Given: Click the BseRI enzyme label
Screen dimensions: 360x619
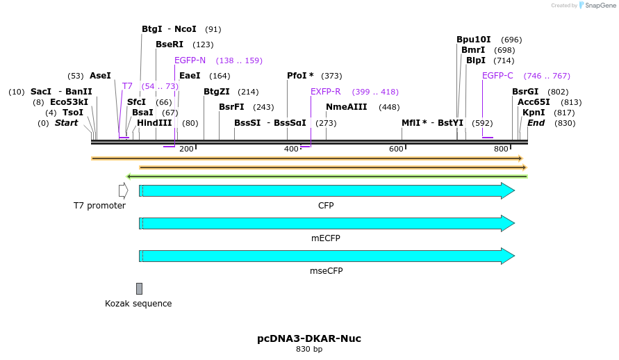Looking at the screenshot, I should tap(170, 44).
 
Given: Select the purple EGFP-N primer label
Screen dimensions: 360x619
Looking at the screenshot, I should tap(190, 60).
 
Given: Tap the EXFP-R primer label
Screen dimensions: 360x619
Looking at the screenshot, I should tap(325, 92).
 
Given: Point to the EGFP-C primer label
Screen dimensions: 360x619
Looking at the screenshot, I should tap(497, 76).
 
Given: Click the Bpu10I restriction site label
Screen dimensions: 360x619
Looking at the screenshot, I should tap(474, 40).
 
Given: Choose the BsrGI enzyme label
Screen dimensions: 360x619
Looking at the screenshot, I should tap(525, 92).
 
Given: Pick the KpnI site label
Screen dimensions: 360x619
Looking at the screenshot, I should tap(534, 113).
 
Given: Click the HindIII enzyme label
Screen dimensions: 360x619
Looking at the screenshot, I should tap(154, 123).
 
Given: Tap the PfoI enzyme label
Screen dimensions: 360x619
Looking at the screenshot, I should tap(300, 76).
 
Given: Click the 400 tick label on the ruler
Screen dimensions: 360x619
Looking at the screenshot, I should tap(291, 149).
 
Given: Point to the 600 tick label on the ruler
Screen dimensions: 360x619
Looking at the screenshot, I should tap(396, 149).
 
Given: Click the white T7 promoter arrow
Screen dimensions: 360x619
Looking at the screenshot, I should tap(123, 190).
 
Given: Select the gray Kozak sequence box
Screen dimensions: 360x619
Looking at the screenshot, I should tap(139, 288).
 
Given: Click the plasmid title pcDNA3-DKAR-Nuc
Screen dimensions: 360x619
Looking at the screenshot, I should tap(309, 338).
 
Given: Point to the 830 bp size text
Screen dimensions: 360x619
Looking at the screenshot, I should tap(309, 349).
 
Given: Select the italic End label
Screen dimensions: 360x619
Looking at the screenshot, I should tap(536, 123).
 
